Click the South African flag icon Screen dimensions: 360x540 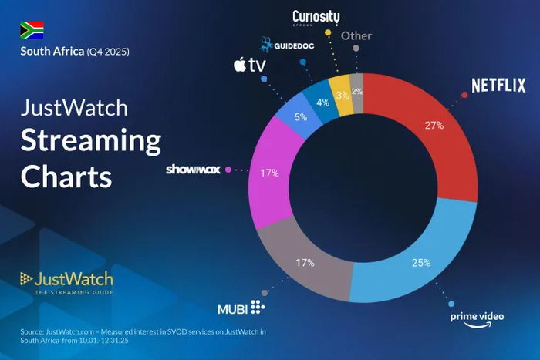tap(32, 30)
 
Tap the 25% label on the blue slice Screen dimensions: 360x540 tap(421, 263)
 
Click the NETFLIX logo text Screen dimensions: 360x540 tap(498, 85)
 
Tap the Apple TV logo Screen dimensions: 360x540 tap(248, 65)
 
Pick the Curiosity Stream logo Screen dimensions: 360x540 tap(316, 17)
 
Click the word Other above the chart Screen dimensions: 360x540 tap(356, 35)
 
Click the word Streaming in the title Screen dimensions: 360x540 tap(91, 141)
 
